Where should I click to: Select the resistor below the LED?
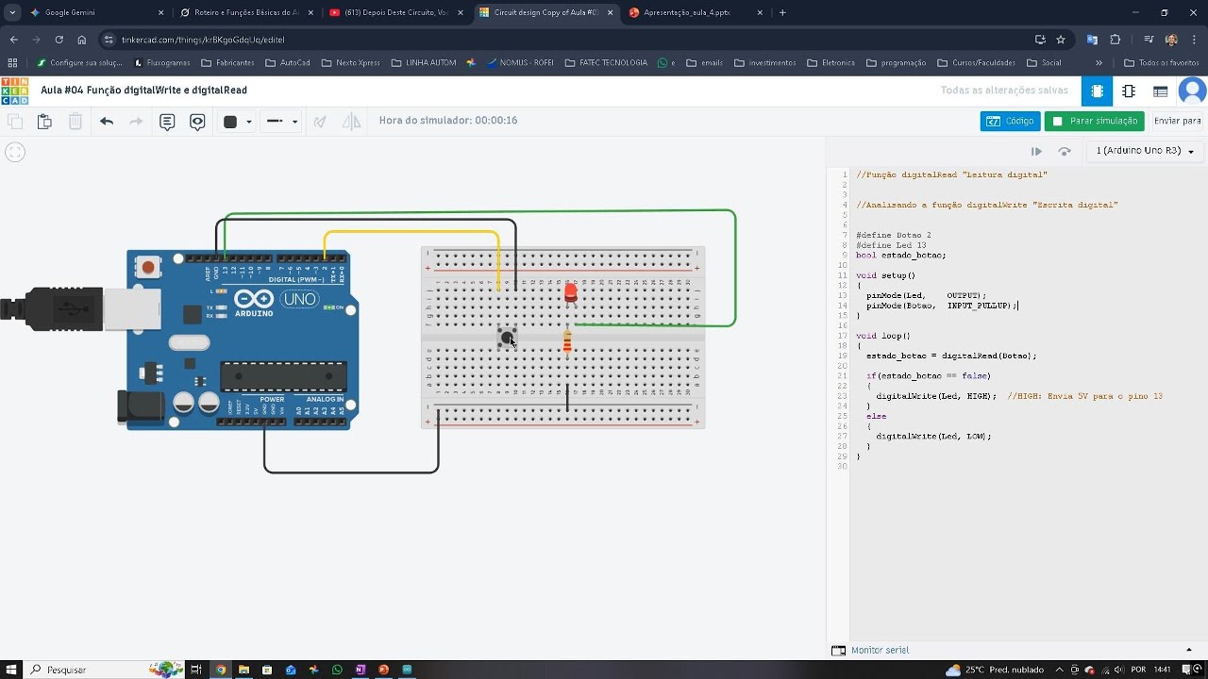click(x=567, y=343)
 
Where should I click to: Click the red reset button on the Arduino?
click(x=148, y=268)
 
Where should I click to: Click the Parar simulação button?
click(x=1094, y=121)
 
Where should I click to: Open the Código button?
click(x=1010, y=121)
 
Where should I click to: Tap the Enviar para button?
click(x=1177, y=121)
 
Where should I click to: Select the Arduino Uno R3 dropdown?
click(x=1144, y=151)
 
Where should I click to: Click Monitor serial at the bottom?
click(x=880, y=650)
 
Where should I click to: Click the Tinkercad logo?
click(x=15, y=91)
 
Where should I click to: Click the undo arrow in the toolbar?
click(x=107, y=122)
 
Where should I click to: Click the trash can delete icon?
click(x=75, y=122)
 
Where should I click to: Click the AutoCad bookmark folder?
click(x=288, y=63)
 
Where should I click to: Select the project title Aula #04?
click(x=143, y=91)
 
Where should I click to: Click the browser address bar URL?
click(x=203, y=40)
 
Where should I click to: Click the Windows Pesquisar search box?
click(x=85, y=670)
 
